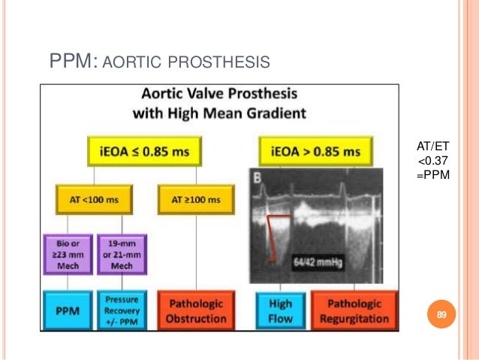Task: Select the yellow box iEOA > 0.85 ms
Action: (315, 152)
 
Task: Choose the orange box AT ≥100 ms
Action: (195, 201)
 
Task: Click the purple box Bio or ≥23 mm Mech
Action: (67, 254)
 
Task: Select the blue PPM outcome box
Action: (67, 308)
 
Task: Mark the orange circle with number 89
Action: (441, 314)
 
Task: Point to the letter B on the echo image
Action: (257, 178)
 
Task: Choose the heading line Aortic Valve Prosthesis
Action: (214, 96)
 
